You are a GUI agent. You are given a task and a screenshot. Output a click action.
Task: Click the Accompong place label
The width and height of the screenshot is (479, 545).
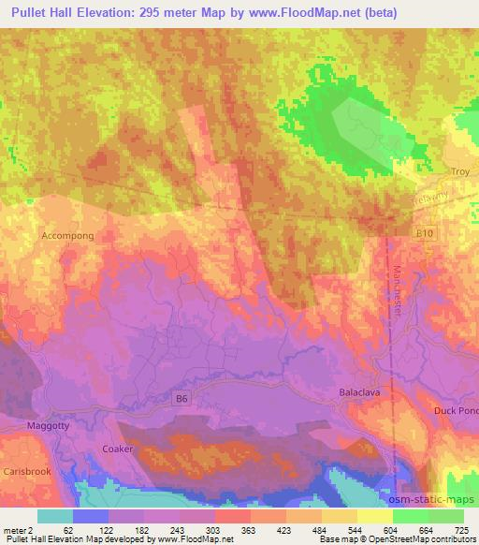click(x=67, y=236)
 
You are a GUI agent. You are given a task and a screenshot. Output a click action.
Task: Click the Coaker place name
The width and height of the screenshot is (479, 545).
click(x=118, y=449)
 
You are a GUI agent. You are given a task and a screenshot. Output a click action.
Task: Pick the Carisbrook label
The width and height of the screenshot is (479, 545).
click(x=25, y=472)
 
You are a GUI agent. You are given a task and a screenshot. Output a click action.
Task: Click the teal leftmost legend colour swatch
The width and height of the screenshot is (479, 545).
click(x=55, y=516)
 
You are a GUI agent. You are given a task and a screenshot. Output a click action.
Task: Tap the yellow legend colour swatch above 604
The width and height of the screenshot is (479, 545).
click(x=374, y=516)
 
